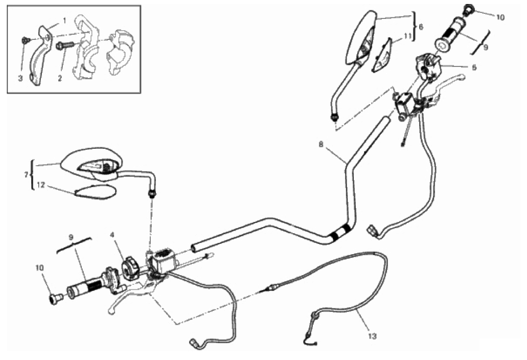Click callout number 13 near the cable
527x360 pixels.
point(373,336)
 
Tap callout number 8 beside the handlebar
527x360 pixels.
point(321,144)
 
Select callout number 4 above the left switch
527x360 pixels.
point(112,235)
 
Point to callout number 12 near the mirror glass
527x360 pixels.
point(41,185)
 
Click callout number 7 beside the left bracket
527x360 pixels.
point(26,175)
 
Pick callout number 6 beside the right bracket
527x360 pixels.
point(421,27)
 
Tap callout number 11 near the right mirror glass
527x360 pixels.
point(408,36)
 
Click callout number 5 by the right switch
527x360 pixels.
point(474,67)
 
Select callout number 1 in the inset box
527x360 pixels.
point(64,21)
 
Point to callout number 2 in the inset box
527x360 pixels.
point(60,78)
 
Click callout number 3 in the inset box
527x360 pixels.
point(20,78)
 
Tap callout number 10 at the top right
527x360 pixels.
point(500,17)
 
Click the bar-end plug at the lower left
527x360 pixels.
point(55,298)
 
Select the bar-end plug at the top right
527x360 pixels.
point(468,9)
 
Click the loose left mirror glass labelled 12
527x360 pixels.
point(96,192)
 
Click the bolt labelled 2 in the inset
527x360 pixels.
point(65,45)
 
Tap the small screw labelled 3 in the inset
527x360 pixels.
point(25,40)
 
